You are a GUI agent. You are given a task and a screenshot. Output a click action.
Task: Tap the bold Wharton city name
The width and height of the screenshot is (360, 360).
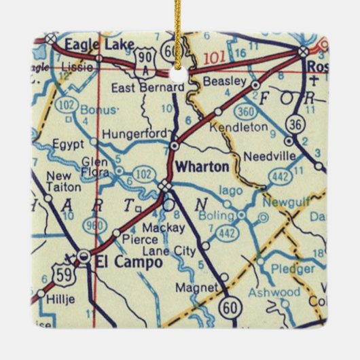tap(197, 166)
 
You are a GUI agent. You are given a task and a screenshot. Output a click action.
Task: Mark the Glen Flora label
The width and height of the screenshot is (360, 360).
tap(94, 166)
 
